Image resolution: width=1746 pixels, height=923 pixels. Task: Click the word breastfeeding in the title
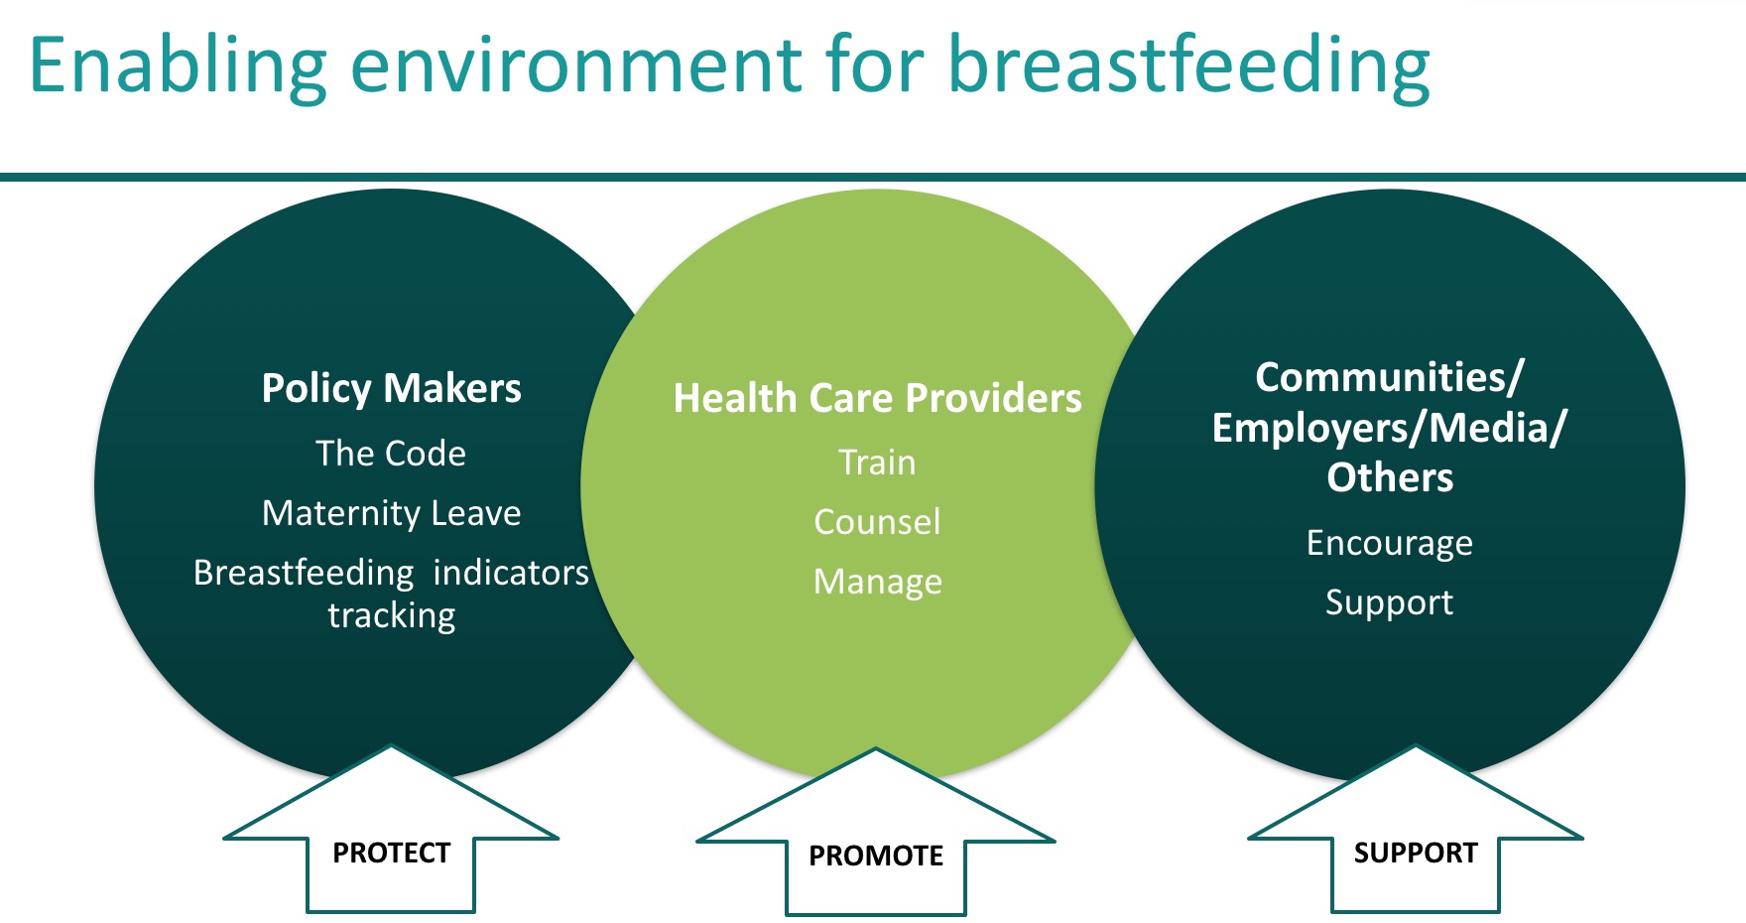[1188, 66]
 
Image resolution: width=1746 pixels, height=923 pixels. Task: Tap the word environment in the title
[576, 67]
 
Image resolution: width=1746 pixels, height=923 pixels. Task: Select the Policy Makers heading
[392, 388]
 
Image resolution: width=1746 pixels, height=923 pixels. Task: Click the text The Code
[391, 454]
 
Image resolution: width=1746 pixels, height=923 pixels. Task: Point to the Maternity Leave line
[392, 513]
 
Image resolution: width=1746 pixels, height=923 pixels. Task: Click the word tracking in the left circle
[392, 616]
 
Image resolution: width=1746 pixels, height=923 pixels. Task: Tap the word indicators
[511, 573]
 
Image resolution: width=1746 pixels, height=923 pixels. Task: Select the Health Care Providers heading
[878, 398]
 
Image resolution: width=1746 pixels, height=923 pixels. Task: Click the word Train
[878, 462]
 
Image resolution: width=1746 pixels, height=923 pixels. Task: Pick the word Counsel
[878, 522]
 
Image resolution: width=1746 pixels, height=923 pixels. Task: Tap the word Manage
[878, 582]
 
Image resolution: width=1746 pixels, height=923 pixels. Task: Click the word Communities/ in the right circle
[1389, 377]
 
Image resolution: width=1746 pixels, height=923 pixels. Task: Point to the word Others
[1390, 477]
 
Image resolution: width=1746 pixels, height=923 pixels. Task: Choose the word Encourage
[1390, 544]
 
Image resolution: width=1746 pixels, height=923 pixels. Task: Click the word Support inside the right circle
[1390, 602]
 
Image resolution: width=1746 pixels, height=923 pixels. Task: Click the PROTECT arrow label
[392, 853]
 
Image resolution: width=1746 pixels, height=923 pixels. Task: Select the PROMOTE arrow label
[876, 856]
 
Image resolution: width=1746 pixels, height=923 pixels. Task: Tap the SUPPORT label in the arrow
[1416, 853]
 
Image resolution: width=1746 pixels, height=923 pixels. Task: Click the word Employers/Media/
[1389, 428]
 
